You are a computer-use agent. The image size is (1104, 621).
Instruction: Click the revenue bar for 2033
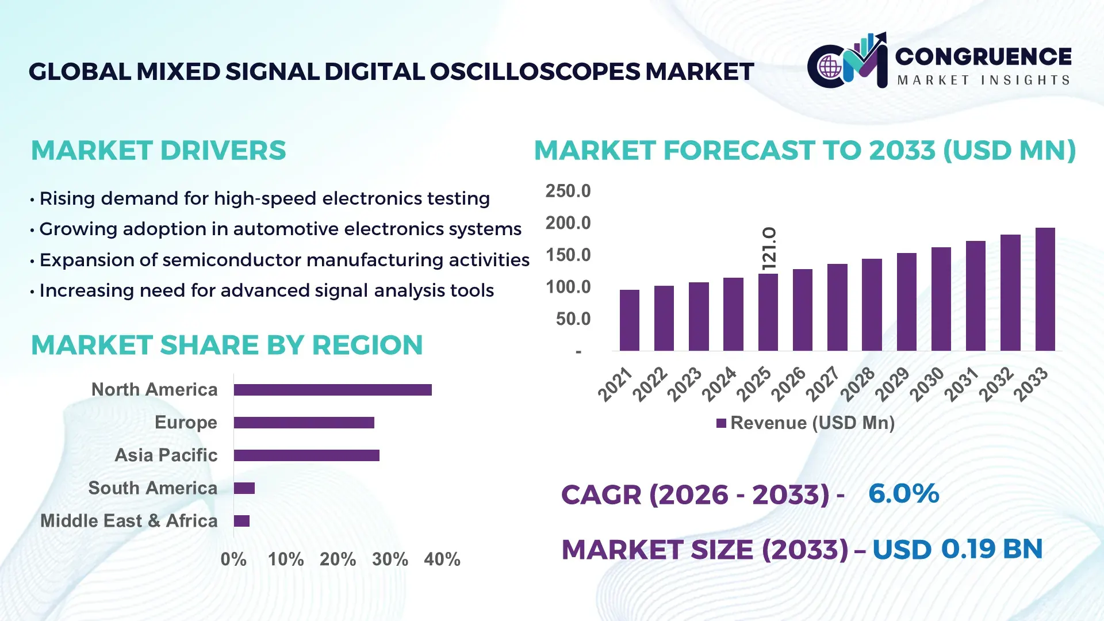[x=1045, y=289]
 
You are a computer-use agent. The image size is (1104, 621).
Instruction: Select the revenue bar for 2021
[x=629, y=320]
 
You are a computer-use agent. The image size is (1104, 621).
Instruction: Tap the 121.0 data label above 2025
[x=769, y=248]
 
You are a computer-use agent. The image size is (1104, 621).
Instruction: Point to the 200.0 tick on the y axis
[x=568, y=223]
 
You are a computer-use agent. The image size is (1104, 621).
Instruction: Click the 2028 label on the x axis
[x=857, y=384]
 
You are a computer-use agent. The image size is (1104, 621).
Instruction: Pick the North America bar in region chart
[x=332, y=390]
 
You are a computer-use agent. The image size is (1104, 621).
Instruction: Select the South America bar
[x=244, y=488]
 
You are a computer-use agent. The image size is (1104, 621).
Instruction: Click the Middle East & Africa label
[x=129, y=521]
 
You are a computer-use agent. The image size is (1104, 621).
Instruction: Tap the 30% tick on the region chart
[x=390, y=559]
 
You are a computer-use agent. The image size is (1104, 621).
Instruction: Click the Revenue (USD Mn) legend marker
[x=721, y=423]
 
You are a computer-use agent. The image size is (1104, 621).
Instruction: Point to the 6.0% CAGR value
[x=903, y=493]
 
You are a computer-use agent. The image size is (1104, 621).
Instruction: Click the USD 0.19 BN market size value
[x=957, y=549]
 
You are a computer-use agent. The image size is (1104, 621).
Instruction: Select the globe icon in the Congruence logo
[x=830, y=67]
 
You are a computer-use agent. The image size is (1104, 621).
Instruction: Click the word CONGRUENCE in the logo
[x=983, y=56]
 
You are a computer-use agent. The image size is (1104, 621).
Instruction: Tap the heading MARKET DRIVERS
[x=158, y=151]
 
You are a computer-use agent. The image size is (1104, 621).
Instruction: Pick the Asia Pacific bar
[x=306, y=455]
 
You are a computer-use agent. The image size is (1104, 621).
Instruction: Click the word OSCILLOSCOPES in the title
[x=534, y=72]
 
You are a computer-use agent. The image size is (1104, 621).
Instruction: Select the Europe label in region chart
[x=186, y=423]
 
